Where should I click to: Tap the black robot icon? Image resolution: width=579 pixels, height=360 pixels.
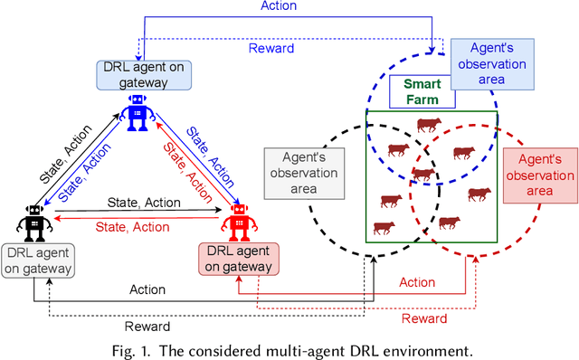click(34, 222)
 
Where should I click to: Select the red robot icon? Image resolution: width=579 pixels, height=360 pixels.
click(239, 221)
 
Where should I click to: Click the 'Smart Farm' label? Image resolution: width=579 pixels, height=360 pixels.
click(421, 91)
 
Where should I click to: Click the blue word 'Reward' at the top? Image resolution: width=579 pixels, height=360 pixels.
click(271, 47)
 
